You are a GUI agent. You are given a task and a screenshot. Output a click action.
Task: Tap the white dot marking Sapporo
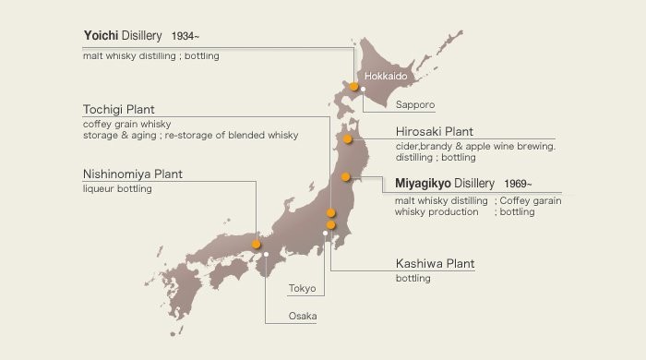point(364,90)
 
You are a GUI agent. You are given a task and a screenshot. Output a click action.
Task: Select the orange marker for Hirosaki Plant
point(348,139)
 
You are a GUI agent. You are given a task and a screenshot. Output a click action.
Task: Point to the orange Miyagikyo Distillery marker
point(345,176)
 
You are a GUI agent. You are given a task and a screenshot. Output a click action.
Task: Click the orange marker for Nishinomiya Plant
point(256,244)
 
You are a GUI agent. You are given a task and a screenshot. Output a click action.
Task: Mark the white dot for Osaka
point(266,254)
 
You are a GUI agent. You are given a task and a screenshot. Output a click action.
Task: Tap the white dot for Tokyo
point(325,233)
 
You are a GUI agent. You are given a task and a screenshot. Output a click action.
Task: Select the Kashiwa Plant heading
point(435,264)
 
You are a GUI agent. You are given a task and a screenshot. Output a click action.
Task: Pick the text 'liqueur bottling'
point(116,189)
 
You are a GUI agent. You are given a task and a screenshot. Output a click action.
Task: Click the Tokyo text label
point(302,289)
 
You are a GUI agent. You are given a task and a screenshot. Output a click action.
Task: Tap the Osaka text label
point(302,317)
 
